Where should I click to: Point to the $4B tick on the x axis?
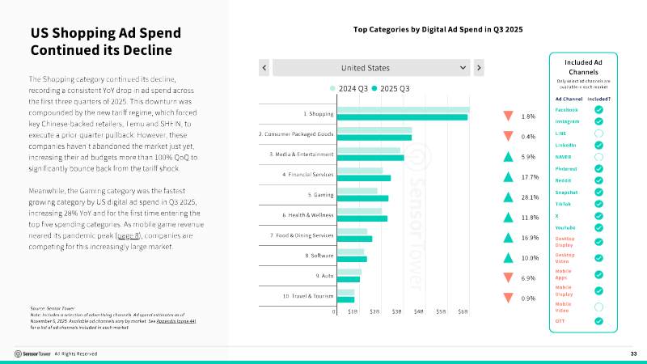pyautogui.click(x=419, y=311)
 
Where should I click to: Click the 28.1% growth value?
pyautogui.click(x=530, y=197)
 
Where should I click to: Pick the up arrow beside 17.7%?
pyautogui.click(x=507, y=176)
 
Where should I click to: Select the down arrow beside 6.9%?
pyautogui.click(x=507, y=277)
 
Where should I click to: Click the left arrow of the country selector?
pyautogui.click(x=264, y=68)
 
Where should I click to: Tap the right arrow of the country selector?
pyautogui.click(x=479, y=68)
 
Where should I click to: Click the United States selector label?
pyautogui.click(x=365, y=68)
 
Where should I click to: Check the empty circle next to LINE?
pyautogui.click(x=598, y=133)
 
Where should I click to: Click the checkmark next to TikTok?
pyautogui.click(x=598, y=204)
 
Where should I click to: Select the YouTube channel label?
pyautogui.click(x=565, y=227)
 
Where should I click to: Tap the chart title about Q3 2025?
pyautogui.click(x=438, y=29)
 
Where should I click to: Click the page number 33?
pyautogui.click(x=633, y=353)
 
